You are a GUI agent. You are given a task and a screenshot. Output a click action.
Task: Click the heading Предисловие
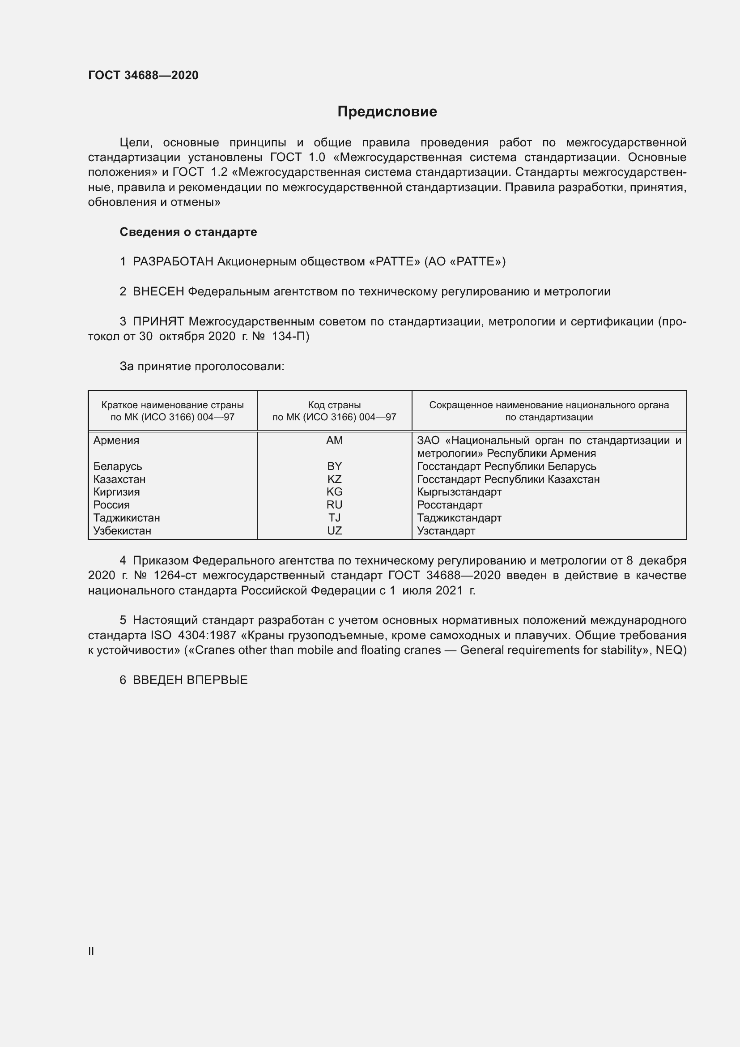[x=387, y=111]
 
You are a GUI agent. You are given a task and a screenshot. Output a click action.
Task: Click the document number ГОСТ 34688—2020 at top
[x=143, y=75]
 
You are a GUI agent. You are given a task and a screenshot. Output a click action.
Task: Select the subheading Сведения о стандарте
[x=188, y=232]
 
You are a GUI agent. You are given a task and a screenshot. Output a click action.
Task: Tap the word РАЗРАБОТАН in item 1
[x=173, y=262]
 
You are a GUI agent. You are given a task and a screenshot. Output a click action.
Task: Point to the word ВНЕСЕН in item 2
[x=158, y=292]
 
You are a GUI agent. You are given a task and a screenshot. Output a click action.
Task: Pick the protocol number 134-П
[x=290, y=337]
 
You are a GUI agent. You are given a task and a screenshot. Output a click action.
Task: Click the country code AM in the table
[x=335, y=440]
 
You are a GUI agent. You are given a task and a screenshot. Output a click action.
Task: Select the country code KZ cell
[x=335, y=479]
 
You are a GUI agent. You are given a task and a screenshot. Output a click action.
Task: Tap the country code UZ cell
[x=335, y=531]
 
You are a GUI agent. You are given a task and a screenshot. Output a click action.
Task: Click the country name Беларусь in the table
[x=118, y=466]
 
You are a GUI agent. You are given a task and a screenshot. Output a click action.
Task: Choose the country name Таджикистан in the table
[x=127, y=518]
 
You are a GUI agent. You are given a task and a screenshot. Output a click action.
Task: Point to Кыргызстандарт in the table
[x=459, y=492]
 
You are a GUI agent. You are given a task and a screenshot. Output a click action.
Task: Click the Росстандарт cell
[x=449, y=505]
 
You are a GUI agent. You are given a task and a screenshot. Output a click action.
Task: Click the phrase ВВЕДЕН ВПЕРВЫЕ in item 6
[x=190, y=680]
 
